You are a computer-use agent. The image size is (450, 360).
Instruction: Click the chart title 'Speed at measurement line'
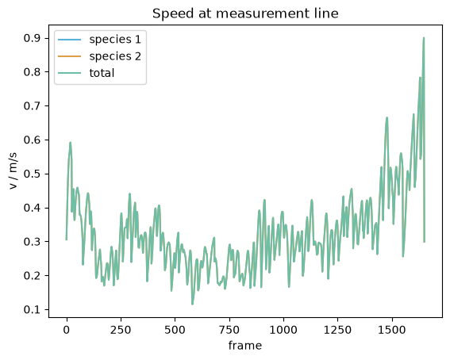[245, 13]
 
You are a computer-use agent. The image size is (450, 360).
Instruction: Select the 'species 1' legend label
[115, 40]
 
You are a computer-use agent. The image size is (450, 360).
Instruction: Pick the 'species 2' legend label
[115, 56]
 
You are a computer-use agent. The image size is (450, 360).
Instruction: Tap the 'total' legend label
[102, 73]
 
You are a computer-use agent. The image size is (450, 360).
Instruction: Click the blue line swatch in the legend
[70, 40]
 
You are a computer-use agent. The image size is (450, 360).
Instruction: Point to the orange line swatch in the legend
[70, 56]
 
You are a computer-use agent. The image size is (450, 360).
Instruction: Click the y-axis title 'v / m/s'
[13, 171]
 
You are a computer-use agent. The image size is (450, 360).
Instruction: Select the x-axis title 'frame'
[245, 346]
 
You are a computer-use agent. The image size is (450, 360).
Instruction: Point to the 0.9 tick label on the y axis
[32, 38]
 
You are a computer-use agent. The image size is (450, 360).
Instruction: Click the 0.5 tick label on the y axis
[32, 174]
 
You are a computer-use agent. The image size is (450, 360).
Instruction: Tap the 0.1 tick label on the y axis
[32, 309]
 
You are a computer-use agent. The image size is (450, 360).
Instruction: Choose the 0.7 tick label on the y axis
[32, 106]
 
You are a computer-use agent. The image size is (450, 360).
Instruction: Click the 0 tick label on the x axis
[67, 330]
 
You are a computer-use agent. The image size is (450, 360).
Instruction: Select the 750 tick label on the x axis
[229, 330]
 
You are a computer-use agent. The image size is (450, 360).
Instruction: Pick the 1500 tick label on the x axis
[392, 330]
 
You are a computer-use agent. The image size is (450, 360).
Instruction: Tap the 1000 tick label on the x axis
[283, 330]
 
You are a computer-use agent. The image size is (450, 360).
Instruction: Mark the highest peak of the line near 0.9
[424, 38]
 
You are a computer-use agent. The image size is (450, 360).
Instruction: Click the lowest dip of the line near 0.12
[192, 304]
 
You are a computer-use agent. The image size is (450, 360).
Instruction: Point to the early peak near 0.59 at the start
[70, 143]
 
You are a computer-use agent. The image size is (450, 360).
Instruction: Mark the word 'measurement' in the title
[260, 14]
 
